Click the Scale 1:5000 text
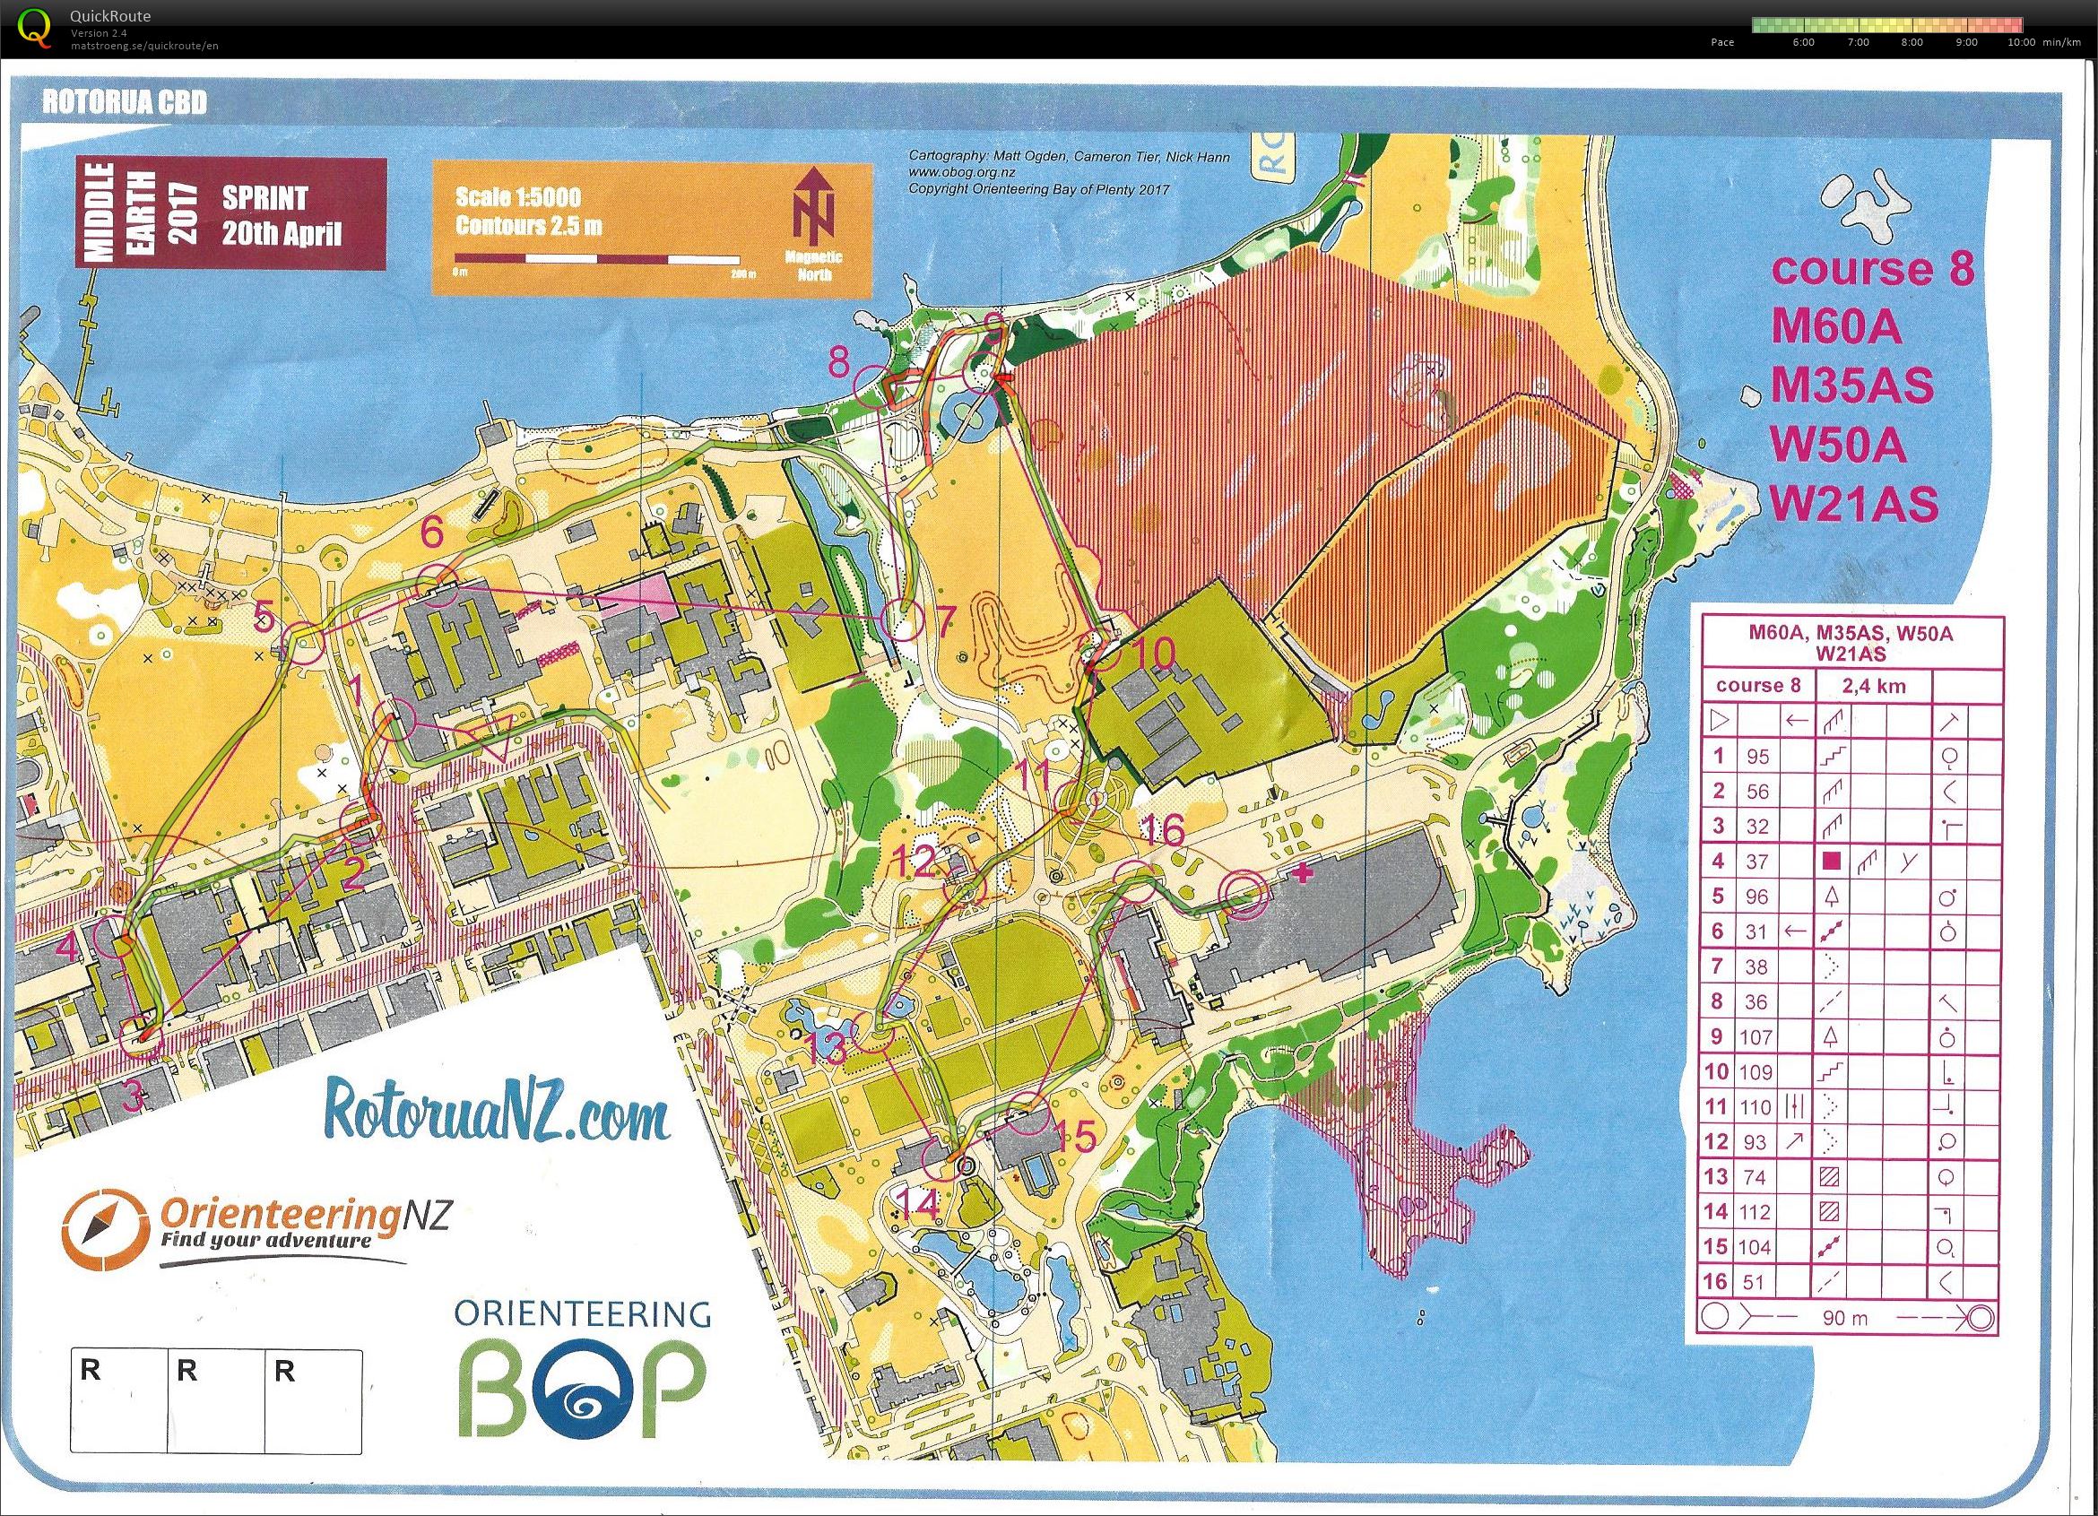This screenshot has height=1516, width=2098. [x=518, y=197]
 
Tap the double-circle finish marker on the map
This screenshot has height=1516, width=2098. [x=1241, y=893]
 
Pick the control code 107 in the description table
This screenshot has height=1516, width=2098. [x=1756, y=1038]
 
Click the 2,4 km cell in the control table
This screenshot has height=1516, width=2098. [x=1873, y=687]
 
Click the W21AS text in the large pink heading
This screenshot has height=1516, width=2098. [x=1853, y=504]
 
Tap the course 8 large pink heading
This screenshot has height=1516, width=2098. [x=1872, y=269]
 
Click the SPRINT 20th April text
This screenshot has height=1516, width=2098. [x=281, y=214]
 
